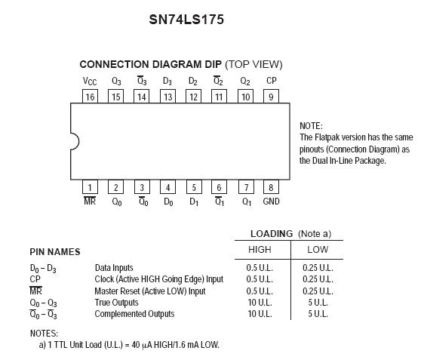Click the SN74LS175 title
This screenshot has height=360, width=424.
[x=186, y=20]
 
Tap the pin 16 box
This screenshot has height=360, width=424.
[x=90, y=97]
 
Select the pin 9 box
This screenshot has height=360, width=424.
[x=271, y=97]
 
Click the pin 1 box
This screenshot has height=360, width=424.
[x=90, y=187]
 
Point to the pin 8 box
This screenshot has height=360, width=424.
[x=271, y=187]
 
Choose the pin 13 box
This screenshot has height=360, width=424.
[x=168, y=97]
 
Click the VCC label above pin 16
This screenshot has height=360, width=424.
[x=90, y=82]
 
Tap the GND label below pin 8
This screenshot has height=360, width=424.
[x=271, y=202]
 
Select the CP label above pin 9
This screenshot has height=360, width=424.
[x=272, y=81]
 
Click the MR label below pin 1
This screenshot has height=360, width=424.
[x=90, y=201]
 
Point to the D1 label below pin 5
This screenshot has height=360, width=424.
[x=194, y=202]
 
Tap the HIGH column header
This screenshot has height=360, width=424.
[x=260, y=249]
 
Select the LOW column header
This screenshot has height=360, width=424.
[x=318, y=249]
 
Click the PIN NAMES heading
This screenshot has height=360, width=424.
[x=55, y=252]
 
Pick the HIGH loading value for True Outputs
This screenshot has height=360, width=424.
[x=260, y=303]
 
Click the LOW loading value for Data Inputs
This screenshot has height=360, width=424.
[x=318, y=268]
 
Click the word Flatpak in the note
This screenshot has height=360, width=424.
[x=326, y=137]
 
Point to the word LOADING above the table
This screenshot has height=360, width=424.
[x=272, y=234]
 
